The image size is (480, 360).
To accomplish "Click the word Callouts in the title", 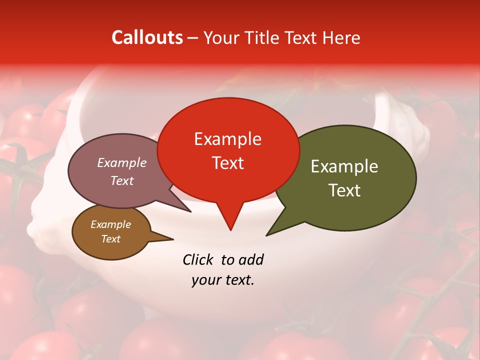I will point(147,37).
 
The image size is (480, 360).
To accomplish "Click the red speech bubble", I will point(228,150).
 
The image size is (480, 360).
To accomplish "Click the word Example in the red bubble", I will point(228,138).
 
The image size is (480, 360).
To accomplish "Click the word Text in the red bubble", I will point(228,163).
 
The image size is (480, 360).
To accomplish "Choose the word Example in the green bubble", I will point(344,166).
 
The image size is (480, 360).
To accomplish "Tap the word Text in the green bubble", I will point(344,190).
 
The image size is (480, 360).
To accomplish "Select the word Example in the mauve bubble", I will point(122,162).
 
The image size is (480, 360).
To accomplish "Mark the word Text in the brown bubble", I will point(111,239).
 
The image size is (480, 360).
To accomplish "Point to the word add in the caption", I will point(251,259).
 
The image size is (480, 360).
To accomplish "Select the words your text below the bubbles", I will point(223,280).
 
